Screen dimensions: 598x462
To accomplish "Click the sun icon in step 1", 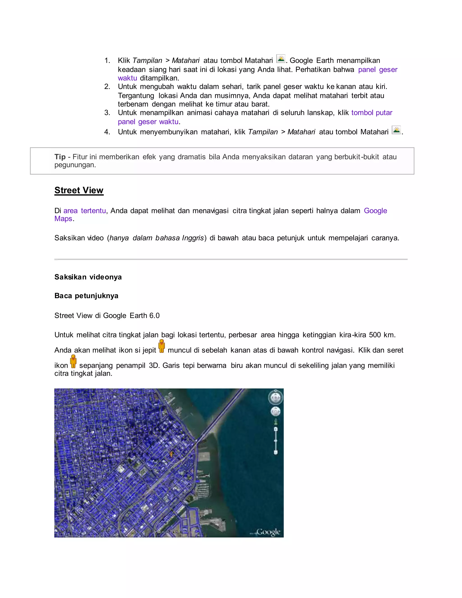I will point(281,59).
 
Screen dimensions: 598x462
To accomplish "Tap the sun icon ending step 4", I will point(396,130).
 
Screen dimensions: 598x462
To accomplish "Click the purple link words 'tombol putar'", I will point(372,113).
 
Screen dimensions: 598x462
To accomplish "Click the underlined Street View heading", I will point(79,190).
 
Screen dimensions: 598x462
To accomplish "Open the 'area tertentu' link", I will point(85,211).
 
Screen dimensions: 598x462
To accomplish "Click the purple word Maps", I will point(63,219).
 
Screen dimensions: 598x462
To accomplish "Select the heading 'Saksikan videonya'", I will point(88,277).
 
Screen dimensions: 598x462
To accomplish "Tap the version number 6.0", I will point(154,316).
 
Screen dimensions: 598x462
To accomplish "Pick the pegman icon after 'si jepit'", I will point(162,346).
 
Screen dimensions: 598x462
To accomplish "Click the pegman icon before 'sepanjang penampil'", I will point(73,362).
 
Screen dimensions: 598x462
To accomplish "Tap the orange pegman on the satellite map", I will point(171,454).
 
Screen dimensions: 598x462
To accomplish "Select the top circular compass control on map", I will point(275,398).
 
